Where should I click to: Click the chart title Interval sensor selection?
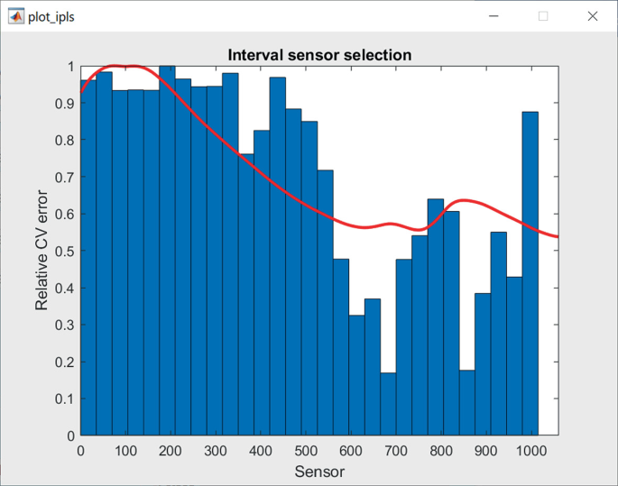tap(319, 55)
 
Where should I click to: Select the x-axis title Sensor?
tap(319, 471)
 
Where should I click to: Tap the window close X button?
tap(592, 16)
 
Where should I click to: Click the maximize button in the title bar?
tap(543, 16)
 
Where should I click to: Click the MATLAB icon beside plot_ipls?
tap(15, 16)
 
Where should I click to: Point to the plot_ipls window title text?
tap(51, 17)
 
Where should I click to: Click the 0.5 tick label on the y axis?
tap(64, 251)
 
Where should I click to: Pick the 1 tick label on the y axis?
tap(70, 67)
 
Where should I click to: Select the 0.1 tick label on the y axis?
tap(64, 399)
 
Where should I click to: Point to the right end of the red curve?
tap(558, 236)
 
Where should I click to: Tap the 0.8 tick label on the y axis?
tap(64, 141)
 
